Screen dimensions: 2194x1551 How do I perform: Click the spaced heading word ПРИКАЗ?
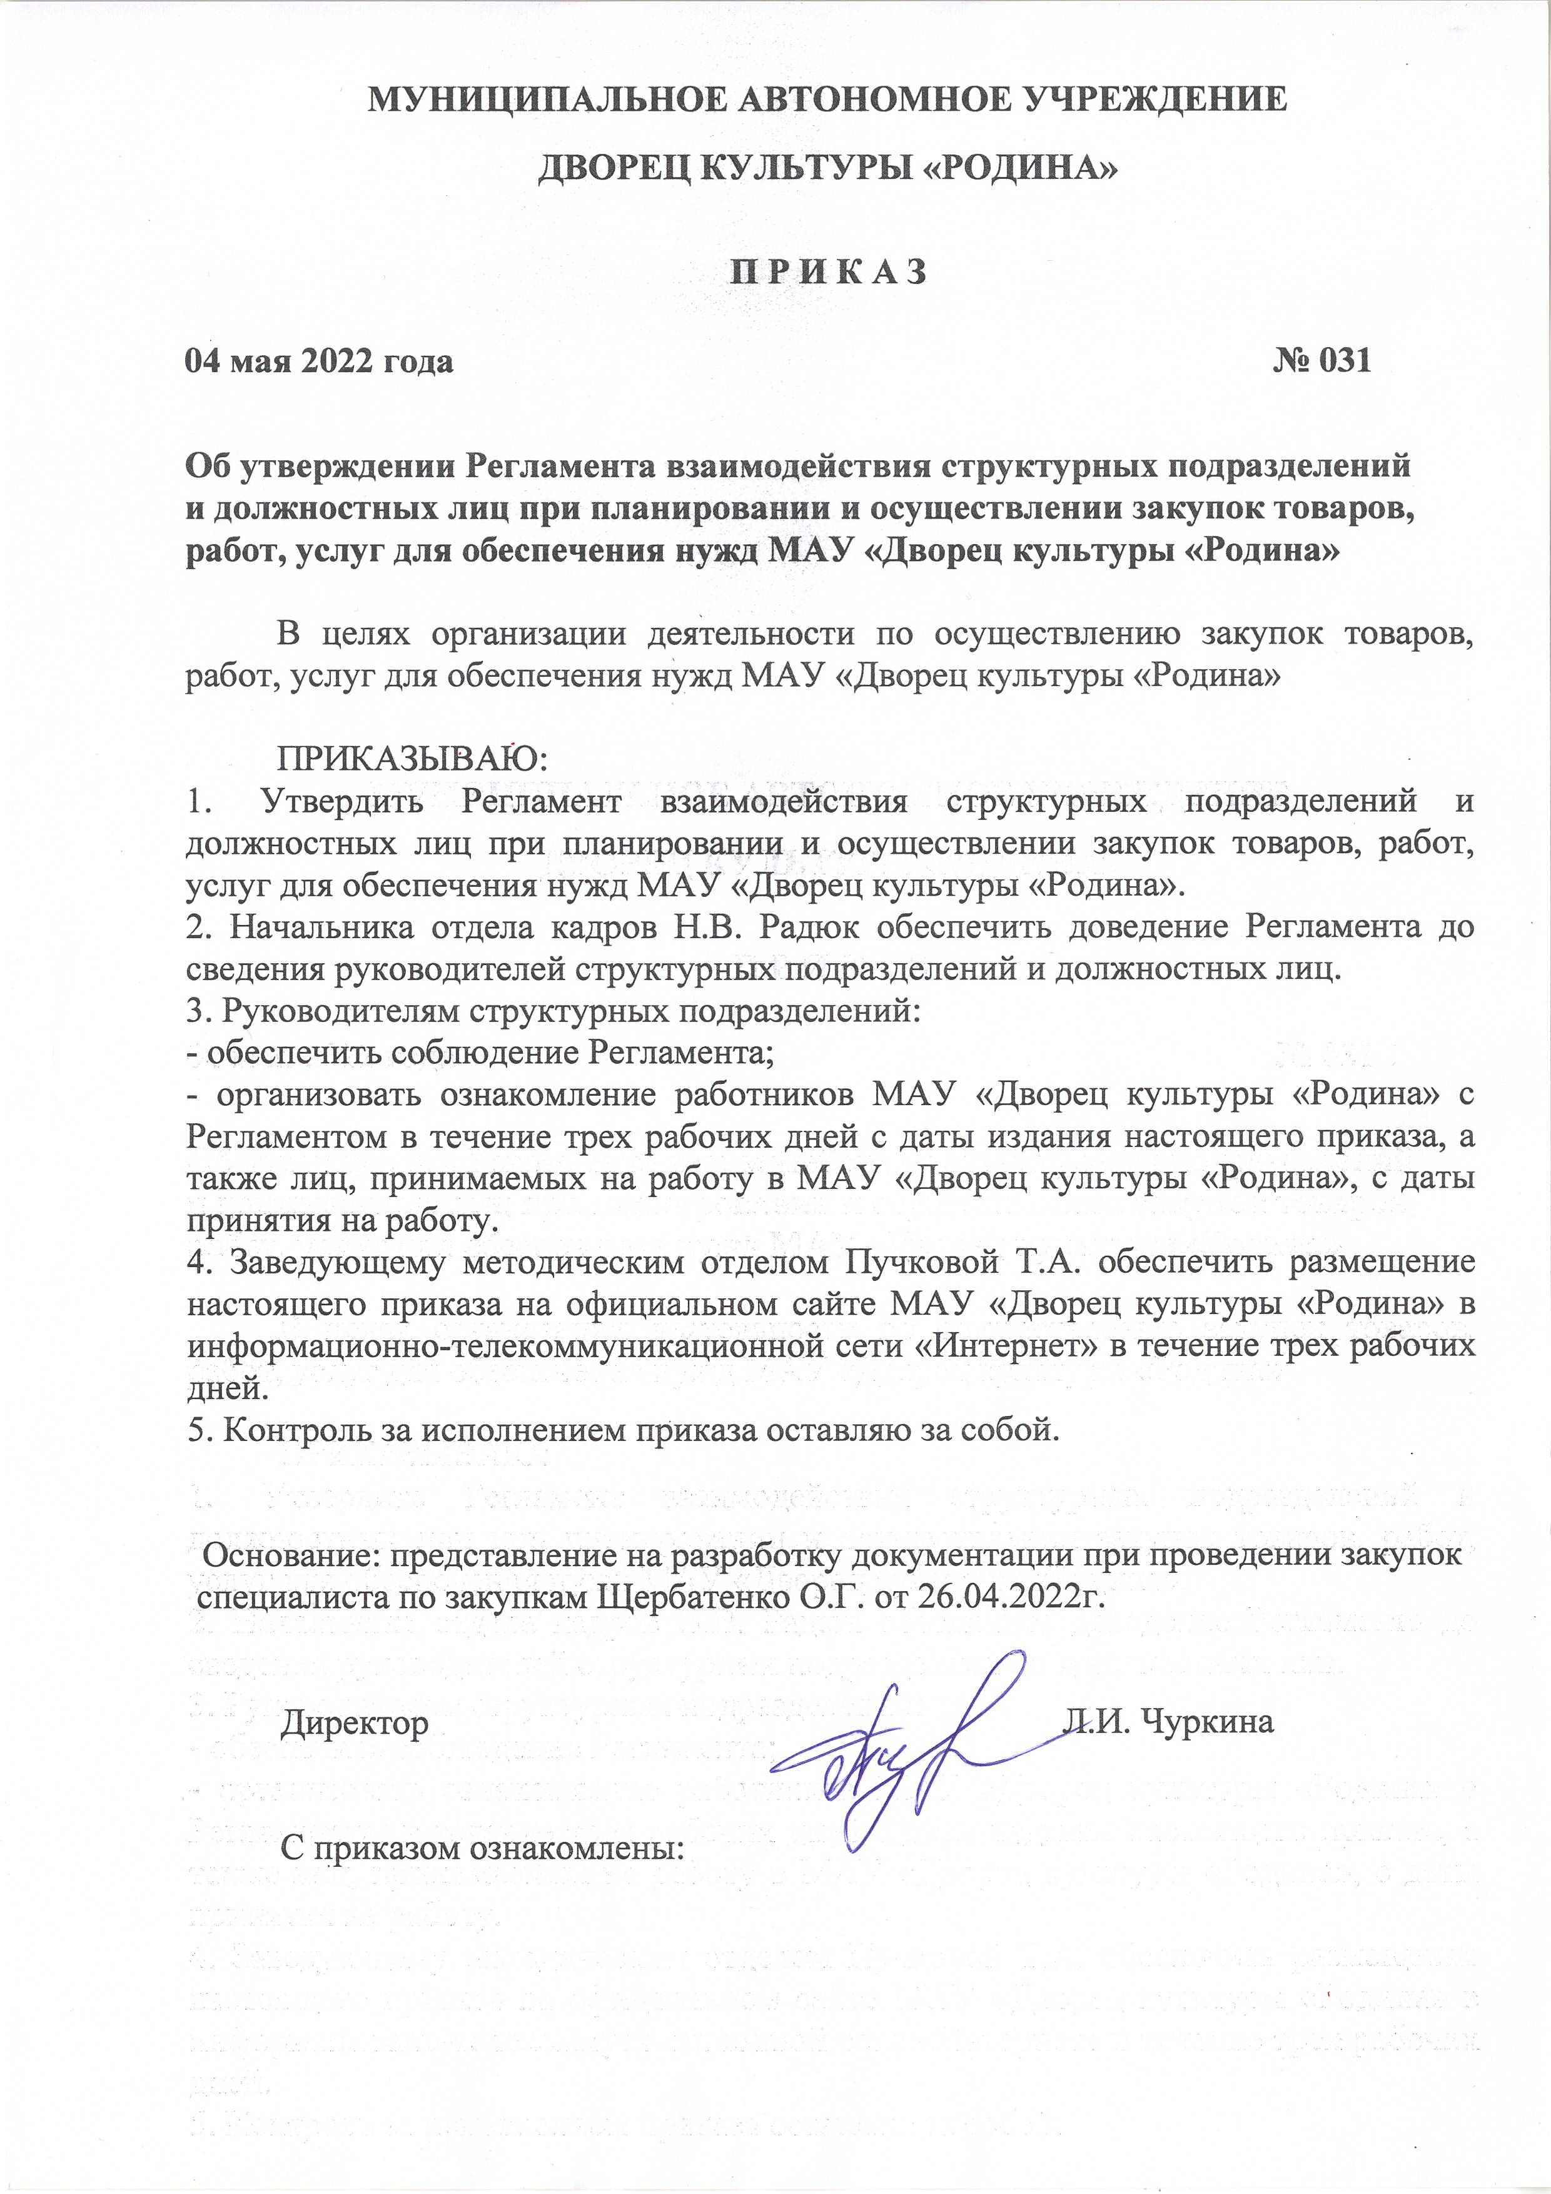[x=829, y=272]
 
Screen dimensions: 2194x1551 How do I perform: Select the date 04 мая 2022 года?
[x=319, y=361]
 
